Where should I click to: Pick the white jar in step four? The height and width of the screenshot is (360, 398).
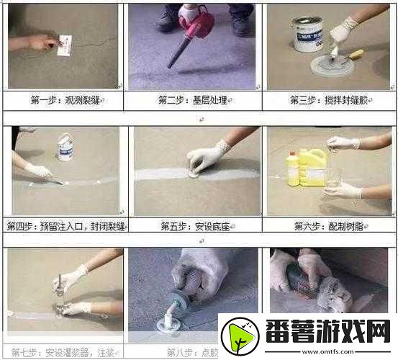click(65, 147)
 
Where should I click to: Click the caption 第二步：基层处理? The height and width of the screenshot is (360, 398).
click(194, 99)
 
